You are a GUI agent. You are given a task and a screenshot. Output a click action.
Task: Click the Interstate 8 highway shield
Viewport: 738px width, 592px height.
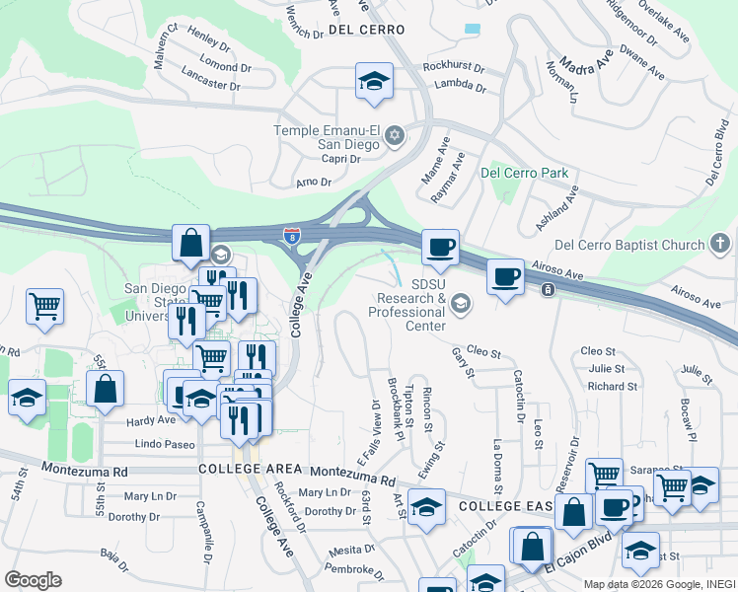[291, 236]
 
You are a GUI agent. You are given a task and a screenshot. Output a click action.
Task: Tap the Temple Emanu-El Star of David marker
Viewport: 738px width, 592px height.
[395, 135]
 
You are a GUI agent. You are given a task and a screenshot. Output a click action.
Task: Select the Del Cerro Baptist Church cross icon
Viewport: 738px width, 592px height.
[720, 244]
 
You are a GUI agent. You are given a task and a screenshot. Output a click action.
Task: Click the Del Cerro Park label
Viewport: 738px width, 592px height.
[524, 173]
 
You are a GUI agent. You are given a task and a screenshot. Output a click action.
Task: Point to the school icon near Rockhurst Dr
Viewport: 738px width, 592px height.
[374, 81]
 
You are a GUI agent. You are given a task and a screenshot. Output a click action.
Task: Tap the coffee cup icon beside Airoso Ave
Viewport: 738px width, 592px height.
[505, 276]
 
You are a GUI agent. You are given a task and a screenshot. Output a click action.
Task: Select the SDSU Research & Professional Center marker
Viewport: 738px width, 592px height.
[460, 306]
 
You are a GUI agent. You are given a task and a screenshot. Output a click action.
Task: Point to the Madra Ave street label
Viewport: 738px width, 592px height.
[580, 67]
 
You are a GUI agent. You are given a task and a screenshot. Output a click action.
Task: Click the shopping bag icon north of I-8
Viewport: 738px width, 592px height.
[190, 242]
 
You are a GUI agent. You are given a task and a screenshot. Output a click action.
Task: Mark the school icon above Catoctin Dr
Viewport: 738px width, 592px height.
[425, 507]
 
